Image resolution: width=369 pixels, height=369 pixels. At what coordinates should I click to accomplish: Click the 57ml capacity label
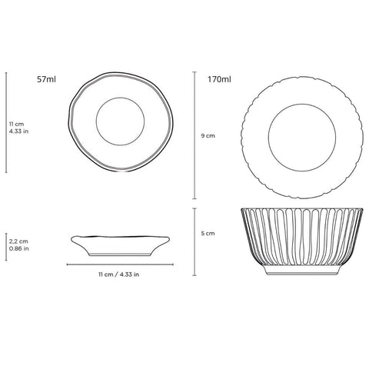(x=46, y=79)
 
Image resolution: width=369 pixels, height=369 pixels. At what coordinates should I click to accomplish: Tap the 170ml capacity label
(x=219, y=79)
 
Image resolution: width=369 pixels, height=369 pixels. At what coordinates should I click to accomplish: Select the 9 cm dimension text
(x=208, y=135)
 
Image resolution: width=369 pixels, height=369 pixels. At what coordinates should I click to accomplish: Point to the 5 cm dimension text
(x=208, y=233)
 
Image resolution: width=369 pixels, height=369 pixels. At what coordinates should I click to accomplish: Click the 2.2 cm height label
(x=18, y=241)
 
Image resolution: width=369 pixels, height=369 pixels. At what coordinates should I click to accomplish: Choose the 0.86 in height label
(x=18, y=248)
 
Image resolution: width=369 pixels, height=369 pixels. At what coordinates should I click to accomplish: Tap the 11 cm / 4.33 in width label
(x=119, y=274)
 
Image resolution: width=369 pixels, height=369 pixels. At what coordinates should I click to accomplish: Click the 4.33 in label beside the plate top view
(x=18, y=131)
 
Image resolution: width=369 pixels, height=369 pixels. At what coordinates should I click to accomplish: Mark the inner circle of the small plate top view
(x=120, y=98)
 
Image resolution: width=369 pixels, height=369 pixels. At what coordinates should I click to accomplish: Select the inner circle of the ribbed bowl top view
(x=302, y=104)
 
